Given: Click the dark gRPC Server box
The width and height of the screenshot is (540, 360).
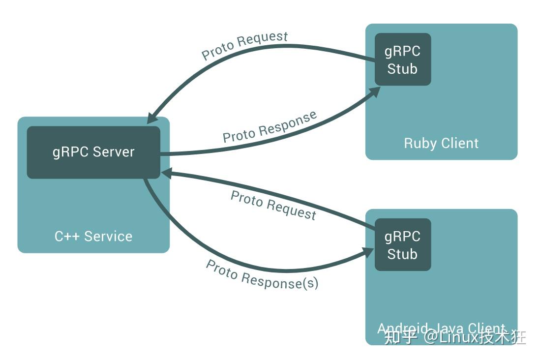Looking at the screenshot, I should [x=93, y=152].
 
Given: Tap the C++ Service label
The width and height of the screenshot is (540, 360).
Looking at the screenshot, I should [x=93, y=236].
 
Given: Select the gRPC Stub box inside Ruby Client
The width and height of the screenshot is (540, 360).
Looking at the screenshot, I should [x=403, y=60].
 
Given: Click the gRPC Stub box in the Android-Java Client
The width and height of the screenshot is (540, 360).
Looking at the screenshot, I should [x=403, y=245].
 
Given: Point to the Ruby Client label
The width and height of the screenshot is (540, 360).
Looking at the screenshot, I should [x=441, y=143].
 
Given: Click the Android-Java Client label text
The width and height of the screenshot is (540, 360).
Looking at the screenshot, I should [x=441, y=328].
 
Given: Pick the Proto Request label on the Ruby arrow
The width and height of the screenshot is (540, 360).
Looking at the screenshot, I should [x=244, y=45].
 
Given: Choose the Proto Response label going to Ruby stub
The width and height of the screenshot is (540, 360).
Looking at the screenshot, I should [x=270, y=127].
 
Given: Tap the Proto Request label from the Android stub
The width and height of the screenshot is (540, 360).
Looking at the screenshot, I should [x=273, y=205].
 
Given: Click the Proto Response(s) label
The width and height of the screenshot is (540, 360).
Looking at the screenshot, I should [x=262, y=274].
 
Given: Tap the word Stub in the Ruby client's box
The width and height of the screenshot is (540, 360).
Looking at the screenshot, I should [x=402, y=69].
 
